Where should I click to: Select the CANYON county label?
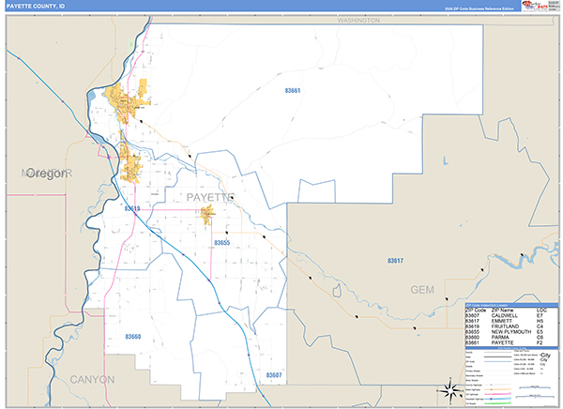click(92, 379)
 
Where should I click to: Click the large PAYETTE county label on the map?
click(207, 197)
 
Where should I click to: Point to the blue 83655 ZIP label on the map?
click(221, 243)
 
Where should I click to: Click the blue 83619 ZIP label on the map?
click(130, 209)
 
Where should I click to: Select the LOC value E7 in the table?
click(540, 314)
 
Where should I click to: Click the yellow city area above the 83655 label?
click(208, 216)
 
